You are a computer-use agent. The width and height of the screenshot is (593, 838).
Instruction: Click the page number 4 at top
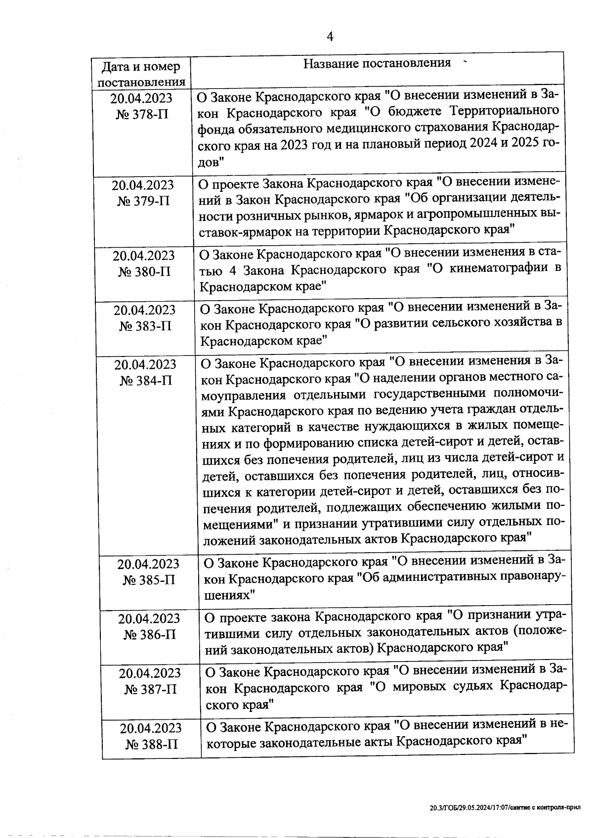coord(330,37)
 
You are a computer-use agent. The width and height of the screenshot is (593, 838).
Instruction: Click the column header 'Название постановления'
coord(377,63)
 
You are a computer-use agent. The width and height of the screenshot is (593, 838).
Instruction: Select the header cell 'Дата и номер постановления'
coord(141,74)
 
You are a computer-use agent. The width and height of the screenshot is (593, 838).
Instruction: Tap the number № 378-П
coord(142,115)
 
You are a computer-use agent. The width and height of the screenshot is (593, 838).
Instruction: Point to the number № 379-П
coord(143,202)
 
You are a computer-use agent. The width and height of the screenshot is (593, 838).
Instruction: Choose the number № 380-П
coord(144,272)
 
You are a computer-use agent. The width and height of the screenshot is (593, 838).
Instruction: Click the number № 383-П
coord(145,327)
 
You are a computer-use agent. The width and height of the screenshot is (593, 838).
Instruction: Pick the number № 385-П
coord(149,580)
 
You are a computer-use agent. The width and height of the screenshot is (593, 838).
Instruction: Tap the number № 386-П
coord(150,635)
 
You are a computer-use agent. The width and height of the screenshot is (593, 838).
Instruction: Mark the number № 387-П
coord(151,690)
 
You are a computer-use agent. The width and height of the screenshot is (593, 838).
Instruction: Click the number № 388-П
coord(152,745)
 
